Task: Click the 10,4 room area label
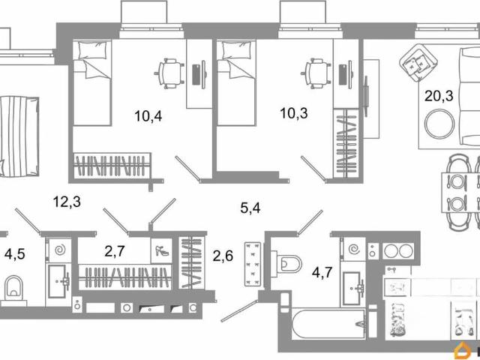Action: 148,116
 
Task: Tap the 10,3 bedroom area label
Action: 294,113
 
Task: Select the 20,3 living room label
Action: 439,96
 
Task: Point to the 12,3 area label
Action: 67,202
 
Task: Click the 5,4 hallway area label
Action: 250,208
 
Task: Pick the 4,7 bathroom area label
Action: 322,272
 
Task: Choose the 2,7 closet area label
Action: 115,252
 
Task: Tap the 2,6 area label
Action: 223,256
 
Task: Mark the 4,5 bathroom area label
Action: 15,254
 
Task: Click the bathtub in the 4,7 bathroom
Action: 328,324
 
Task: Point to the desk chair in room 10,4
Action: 169,73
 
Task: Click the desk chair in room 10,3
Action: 316,73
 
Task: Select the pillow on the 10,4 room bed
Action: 93,50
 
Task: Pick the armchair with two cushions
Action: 415,63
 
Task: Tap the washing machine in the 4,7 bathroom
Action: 355,249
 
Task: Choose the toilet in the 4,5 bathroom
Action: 13,288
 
